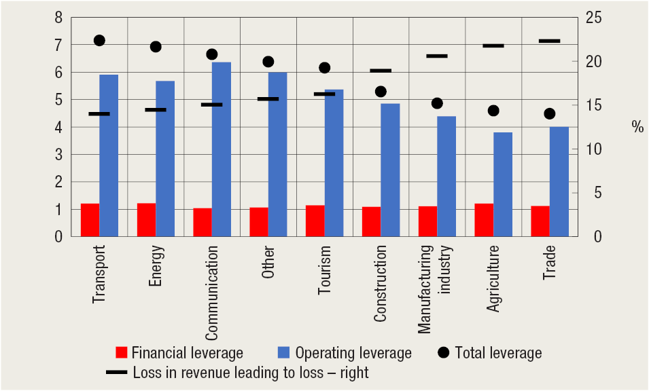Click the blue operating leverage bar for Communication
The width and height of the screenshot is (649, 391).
(222, 149)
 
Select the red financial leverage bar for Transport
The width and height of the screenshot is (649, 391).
(90, 220)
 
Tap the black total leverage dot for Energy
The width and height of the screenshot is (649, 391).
(156, 47)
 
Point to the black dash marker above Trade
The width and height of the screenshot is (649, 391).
(549, 41)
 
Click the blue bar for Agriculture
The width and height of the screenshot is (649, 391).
(503, 185)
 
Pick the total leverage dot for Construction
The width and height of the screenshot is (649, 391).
(381, 92)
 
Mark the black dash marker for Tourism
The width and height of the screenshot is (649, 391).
(324, 94)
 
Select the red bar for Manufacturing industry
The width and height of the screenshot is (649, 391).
(427, 221)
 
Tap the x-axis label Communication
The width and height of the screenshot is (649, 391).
(212, 293)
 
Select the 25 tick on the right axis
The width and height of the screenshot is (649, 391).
(593, 18)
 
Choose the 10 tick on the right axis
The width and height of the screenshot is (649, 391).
(593, 149)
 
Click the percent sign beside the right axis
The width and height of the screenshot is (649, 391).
(637, 127)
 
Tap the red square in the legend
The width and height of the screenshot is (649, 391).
(122, 352)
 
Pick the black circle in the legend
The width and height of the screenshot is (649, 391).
(444, 352)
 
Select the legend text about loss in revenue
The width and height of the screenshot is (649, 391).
(251, 373)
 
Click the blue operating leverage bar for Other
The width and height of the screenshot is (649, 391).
(277, 154)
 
